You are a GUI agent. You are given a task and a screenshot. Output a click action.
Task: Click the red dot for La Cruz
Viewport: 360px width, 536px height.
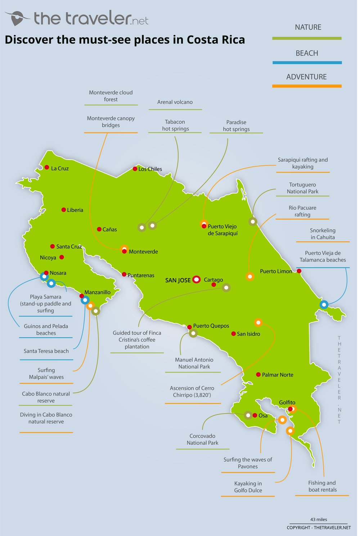47,167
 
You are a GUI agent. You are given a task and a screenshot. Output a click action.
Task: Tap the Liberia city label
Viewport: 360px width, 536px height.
75,210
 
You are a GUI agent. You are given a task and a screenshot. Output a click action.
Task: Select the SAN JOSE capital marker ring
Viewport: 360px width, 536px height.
197,280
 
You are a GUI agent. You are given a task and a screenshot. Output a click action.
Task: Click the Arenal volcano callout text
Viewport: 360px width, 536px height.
175,102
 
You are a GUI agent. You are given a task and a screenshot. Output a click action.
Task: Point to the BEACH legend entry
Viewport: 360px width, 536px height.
307,53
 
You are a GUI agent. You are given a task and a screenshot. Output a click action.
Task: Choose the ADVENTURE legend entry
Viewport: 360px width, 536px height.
306,77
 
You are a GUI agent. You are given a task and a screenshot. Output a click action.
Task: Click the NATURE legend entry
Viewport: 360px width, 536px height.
308,27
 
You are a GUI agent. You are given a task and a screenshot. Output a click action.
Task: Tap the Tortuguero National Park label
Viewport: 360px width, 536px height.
302,188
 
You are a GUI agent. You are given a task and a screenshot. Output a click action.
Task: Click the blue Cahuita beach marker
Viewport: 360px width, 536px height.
324,305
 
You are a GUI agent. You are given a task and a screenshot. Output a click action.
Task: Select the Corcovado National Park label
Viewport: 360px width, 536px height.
202,439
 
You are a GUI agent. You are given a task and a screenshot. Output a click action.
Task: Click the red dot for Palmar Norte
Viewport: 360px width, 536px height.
258,375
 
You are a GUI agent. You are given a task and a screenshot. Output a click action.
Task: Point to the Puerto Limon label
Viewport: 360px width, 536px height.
276,271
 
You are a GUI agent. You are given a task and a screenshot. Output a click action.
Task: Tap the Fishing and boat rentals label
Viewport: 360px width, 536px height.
322,486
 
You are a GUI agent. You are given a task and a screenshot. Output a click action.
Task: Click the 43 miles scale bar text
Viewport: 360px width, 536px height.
319,519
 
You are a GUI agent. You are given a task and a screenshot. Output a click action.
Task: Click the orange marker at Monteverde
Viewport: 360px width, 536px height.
124,249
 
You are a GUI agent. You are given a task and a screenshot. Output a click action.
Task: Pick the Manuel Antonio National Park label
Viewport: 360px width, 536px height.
194,363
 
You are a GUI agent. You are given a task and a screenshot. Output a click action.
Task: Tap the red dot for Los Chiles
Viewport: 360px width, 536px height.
135,169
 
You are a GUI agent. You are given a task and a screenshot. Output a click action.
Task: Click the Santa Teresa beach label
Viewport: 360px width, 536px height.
46,351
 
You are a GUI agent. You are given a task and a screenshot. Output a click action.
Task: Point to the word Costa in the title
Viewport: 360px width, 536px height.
203,40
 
